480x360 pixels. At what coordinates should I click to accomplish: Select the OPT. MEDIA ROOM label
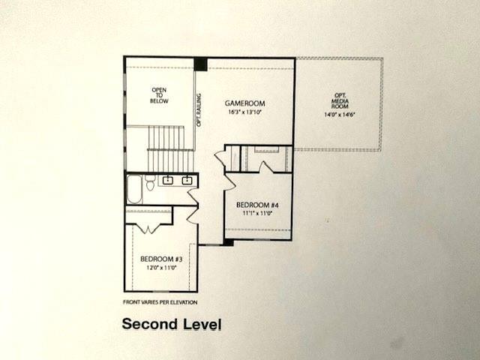339,100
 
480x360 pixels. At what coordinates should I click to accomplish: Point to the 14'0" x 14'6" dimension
339,115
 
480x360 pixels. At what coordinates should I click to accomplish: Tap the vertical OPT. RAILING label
199,109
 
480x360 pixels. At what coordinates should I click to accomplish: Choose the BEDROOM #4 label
257,204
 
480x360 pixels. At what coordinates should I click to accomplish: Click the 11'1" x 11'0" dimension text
257,213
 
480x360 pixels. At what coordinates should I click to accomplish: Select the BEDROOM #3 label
161,259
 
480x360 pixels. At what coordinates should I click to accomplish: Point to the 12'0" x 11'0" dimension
161,267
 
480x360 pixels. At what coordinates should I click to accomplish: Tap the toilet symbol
150,181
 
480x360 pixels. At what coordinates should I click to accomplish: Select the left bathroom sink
168,181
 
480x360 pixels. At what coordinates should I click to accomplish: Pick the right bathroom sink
187,181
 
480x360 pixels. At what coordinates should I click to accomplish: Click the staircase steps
166,148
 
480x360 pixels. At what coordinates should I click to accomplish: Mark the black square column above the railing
200,64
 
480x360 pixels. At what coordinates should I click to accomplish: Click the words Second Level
172,325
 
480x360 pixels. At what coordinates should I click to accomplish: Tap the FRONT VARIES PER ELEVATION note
160,302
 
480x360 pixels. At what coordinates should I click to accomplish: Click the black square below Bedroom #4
228,242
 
